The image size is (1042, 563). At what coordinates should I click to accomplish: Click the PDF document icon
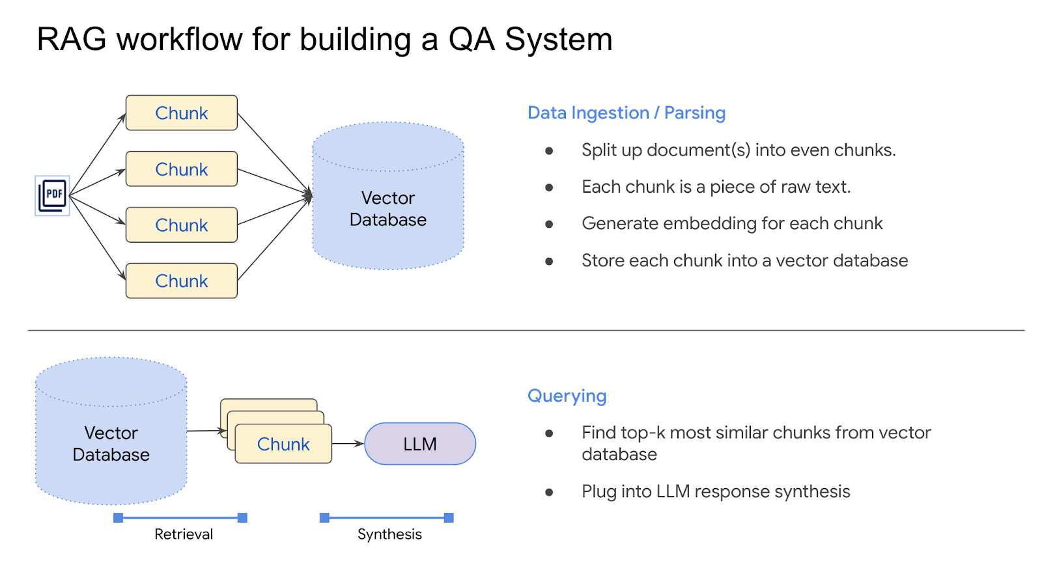pyautogui.click(x=53, y=195)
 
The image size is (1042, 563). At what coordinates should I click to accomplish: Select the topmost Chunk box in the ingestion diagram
pyautogui.click(x=181, y=113)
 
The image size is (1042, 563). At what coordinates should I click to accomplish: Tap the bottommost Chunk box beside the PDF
pyautogui.click(x=181, y=281)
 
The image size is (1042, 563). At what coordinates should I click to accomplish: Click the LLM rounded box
pyautogui.click(x=420, y=444)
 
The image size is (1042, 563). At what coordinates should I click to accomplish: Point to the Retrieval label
pyautogui.click(x=184, y=534)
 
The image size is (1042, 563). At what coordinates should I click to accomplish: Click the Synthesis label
pyautogui.click(x=389, y=534)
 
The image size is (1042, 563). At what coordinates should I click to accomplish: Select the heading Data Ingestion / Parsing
pyautogui.click(x=626, y=113)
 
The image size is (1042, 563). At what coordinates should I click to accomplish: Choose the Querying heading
pyautogui.click(x=567, y=396)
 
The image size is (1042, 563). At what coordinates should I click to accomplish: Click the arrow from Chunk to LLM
pyautogui.click(x=348, y=443)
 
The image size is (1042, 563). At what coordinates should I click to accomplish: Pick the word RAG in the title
pyautogui.click(x=72, y=40)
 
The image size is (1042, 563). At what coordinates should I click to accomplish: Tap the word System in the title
pyautogui.click(x=558, y=40)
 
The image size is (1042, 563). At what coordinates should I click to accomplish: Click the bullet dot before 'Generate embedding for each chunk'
pyautogui.click(x=549, y=225)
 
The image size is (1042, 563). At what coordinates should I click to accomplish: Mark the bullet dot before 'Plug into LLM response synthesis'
pyautogui.click(x=549, y=493)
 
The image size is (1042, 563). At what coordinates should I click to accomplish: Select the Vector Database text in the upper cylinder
pyautogui.click(x=388, y=209)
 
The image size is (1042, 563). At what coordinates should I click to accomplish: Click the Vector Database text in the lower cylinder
pyautogui.click(x=111, y=444)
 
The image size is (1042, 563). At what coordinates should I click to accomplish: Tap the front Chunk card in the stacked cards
pyautogui.click(x=283, y=445)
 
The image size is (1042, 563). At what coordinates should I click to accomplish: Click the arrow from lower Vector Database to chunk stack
pyautogui.click(x=206, y=431)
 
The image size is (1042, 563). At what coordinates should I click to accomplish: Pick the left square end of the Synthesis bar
pyautogui.click(x=324, y=518)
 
